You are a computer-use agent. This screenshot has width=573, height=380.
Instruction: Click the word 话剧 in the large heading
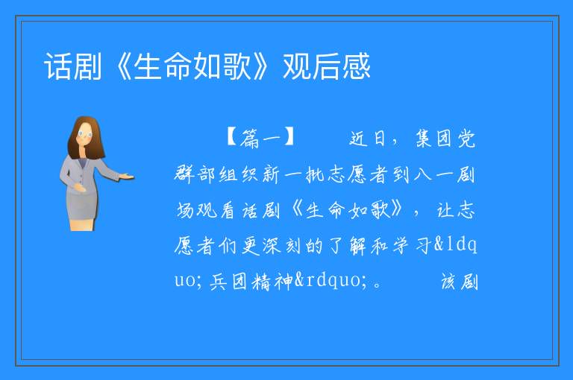[x=72, y=66]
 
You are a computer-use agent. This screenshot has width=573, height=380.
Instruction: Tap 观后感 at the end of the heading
[x=327, y=66]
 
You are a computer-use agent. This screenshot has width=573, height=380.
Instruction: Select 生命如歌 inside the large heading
[x=192, y=66]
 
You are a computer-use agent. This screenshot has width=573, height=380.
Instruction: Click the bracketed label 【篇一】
[x=260, y=138]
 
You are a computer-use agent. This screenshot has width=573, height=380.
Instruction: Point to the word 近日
[x=367, y=139]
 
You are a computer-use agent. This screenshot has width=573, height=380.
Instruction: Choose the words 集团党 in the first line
[x=445, y=139]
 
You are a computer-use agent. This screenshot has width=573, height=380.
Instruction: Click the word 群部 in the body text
[x=195, y=174]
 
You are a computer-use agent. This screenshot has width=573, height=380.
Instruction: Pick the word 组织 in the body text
[x=239, y=174]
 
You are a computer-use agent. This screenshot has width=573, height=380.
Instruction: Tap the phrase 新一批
[x=293, y=174]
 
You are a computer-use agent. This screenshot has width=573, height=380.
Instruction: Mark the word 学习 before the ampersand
[x=412, y=246]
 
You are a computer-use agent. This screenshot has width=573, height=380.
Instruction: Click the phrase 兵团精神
[x=251, y=282]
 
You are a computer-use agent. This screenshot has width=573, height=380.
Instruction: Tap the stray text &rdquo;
[x=331, y=281]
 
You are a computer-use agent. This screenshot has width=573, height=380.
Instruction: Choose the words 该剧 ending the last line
[x=459, y=282]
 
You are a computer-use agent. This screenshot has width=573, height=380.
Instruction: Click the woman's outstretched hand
[x=126, y=177]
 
